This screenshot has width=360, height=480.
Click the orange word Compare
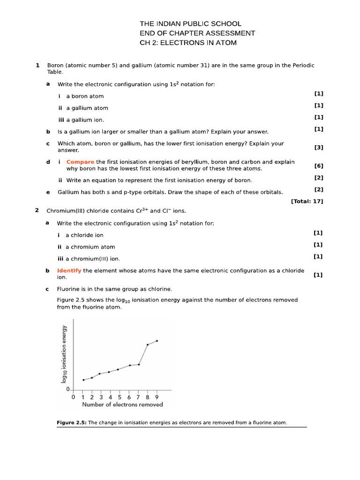tap(80, 162)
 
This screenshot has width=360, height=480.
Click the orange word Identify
tap(69, 270)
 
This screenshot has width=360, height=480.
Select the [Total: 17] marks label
tap(307, 201)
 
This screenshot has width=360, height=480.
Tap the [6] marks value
tap(319, 165)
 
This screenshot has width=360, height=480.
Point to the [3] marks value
tap(319, 147)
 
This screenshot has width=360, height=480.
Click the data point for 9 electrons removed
tap(157, 341)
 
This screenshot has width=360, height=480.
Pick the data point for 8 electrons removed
tap(148, 345)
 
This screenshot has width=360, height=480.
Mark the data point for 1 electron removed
tap(83, 380)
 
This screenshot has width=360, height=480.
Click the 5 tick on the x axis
tap(120, 397)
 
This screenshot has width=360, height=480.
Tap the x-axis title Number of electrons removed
tap(122, 405)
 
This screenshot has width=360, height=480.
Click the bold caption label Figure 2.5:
tap(72, 423)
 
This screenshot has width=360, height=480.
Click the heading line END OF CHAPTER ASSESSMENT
tap(197, 33)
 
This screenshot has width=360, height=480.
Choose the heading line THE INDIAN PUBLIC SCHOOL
tap(191, 23)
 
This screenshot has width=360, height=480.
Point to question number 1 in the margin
tap(37, 66)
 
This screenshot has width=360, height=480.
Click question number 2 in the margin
tap(37, 210)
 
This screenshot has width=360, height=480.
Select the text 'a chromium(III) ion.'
tap(92, 259)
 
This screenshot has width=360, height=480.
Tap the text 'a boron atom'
tap(85, 96)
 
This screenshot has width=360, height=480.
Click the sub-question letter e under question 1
tap(48, 192)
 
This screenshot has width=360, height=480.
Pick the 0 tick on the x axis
tap(73, 397)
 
